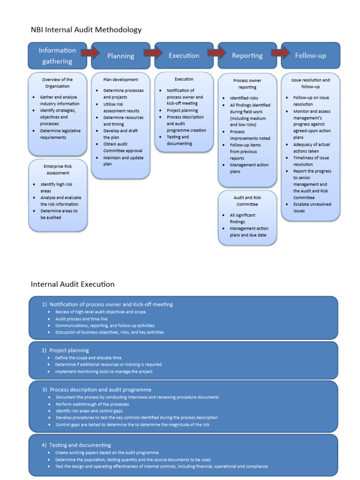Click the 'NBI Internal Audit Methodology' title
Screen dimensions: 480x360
[x=86, y=30]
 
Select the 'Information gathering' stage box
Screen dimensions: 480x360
[x=57, y=55]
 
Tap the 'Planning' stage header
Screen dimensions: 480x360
[x=120, y=56]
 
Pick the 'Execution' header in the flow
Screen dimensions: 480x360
[x=184, y=55]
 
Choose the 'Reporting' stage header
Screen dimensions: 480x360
[x=247, y=55]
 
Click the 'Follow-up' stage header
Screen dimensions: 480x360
[x=310, y=55]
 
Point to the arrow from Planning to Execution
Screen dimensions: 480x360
[x=152, y=52]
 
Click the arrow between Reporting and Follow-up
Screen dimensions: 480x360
[x=280, y=52]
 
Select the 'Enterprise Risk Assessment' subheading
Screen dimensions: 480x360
[x=58, y=169]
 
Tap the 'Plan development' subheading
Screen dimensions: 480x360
[x=121, y=80]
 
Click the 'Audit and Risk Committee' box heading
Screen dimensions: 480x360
[x=247, y=201]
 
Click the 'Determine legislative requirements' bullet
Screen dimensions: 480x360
[x=60, y=134]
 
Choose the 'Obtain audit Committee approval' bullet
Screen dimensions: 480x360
[x=123, y=148]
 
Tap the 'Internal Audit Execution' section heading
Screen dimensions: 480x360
[x=73, y=284]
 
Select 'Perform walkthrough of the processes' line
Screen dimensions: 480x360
[x=92, y=404]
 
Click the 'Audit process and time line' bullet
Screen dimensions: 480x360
[x=82, y=319]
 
